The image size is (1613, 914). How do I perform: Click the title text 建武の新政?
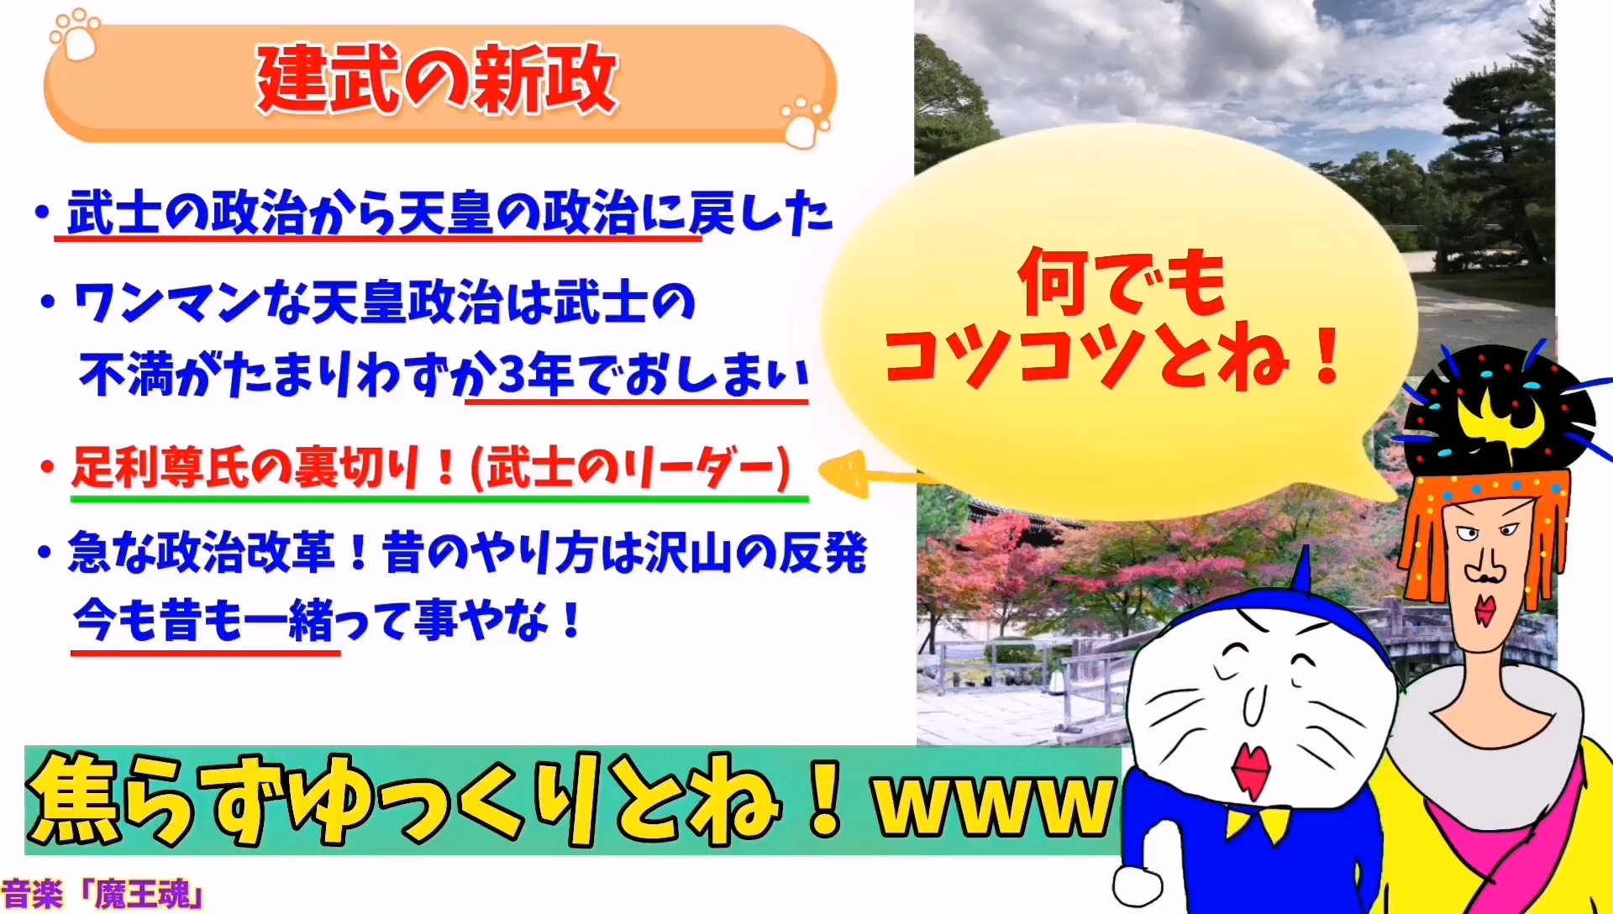(x=437, y=80)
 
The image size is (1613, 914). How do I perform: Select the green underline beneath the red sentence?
(x=439, y=499)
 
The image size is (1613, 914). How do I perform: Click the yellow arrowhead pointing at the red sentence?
(x=843, y=473)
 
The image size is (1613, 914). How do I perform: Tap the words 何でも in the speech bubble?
(x=1122, y=283)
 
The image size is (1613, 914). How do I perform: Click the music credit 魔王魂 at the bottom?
(x=143, y=896)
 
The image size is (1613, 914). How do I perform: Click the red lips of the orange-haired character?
(x=1485, y=609)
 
